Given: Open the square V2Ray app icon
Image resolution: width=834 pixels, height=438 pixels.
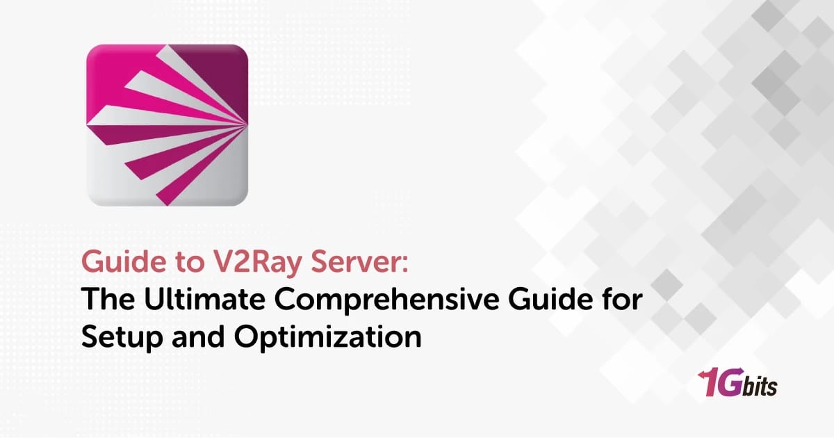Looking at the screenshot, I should pos(167,125).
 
